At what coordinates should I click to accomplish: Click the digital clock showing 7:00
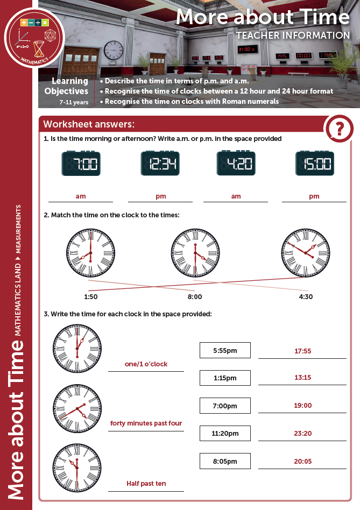click(x=81, y=164)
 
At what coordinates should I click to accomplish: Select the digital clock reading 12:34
click(x=160, y=164)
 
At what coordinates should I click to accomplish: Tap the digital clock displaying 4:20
click(x=236, y=164)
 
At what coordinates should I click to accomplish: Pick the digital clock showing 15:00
click(x=315, y=164)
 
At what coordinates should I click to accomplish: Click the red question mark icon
click(x=339, y=129)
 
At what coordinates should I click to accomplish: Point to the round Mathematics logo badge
click(x=34, y=38)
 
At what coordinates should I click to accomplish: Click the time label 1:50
click(x=91, y=296)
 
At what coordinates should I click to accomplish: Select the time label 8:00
click(x=195, y=296)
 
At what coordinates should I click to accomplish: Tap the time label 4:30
click(x=306, y=296)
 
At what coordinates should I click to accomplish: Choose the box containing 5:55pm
click(x=225, y=350)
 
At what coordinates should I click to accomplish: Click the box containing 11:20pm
click(x=225, y=433)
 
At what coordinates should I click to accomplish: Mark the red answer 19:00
click(x=302, y=406)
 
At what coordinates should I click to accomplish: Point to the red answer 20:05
click(x=302, y=462)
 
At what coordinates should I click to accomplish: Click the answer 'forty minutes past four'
click(x=146, y=423)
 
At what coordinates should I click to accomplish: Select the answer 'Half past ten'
click(x=146, y=484)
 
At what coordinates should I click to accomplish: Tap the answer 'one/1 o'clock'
click(x=146, y=364)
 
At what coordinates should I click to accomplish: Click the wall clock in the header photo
click(x=114, y=50)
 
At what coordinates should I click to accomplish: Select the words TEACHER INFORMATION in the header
click(x=293, y=36)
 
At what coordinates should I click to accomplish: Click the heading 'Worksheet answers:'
click(x=89, y=124)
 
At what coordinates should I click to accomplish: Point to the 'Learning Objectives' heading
click(x=70, y=87)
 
